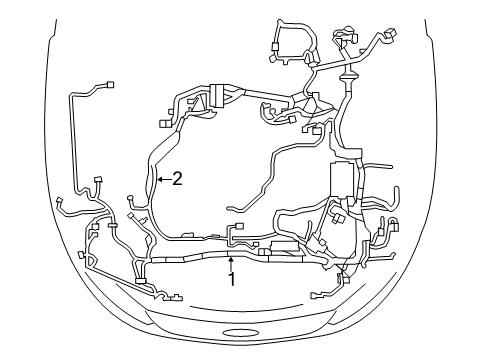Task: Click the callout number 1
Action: [231, 280]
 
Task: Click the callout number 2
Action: [177, 180]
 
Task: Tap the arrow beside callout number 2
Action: [164, 180]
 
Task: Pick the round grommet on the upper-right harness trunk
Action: [350, 74]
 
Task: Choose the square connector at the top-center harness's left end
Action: [160, 123]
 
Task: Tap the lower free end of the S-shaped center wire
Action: [229, 207]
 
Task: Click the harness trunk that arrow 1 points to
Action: [231, 257]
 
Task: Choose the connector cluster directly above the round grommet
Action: [345, 46]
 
